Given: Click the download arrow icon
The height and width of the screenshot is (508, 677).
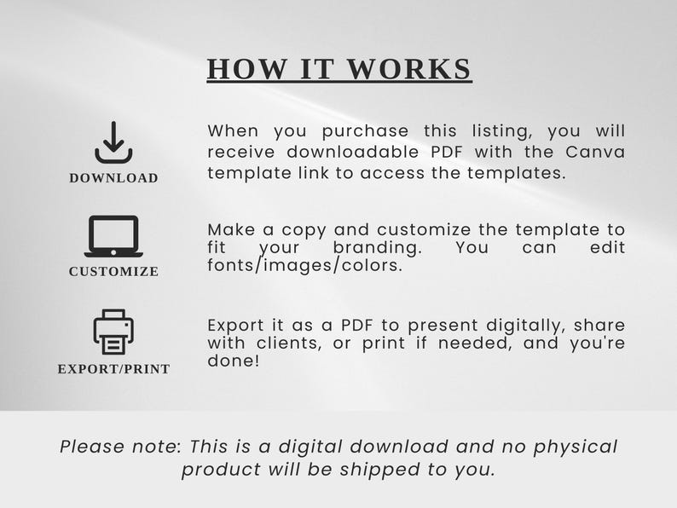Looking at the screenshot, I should [x=113, y=142].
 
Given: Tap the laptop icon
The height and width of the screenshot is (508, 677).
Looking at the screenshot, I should [x=113, y=236].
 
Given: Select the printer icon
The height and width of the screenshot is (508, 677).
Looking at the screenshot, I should [x=113, y=332].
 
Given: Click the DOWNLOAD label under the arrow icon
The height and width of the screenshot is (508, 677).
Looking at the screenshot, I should [x=113, y=178].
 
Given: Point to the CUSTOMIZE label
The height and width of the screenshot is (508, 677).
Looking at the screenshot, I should [x=113, y=272].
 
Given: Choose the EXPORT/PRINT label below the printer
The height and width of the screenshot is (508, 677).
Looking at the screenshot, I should [x=113, y=369].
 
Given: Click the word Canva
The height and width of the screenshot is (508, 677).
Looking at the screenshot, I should [x=595, y=152].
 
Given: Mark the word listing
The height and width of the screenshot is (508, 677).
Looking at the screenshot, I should [x=495, y=131].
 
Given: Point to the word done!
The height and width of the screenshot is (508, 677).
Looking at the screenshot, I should [x=233, y=361].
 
